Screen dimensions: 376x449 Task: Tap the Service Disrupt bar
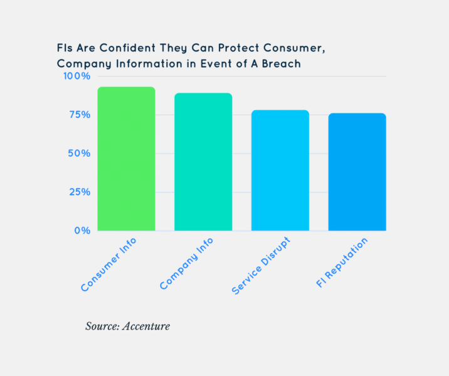280,170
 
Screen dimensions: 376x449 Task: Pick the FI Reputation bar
357,172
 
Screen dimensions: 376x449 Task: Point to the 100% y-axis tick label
77,76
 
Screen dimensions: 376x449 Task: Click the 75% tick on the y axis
79,115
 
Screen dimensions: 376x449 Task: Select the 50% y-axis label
79,154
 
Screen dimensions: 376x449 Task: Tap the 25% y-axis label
79,192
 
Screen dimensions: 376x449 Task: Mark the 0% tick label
82,231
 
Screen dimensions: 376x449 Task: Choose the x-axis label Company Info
188,264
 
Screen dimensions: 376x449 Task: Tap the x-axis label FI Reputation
342,263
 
